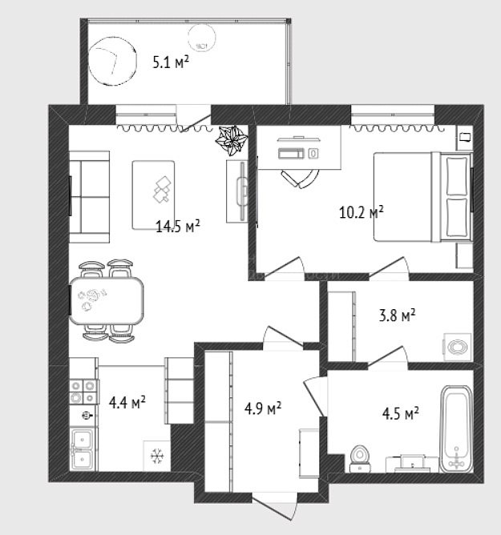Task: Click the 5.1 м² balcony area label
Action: pyautogui.click(x=171, y=62)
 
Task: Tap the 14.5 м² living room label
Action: pyautogui.click(x=178, y=226)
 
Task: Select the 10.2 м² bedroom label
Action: pyautogui.click(x=361, y=212)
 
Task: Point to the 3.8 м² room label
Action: pyautogui.click(x=397, y=315)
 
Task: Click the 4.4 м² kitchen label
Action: pyautogui.click(x=127, y=402)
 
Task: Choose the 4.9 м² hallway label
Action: pyautogui.click(x=263, y=408)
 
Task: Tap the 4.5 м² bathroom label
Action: pyautogui.click(x=401, y=413)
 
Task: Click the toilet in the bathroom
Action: pyautogui.click(x=360, y=459)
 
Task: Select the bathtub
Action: pyautogui.click(x=456, y=429)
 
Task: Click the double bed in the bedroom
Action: pyautogui.click(x=422, y=197)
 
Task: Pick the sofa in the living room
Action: pyautogui.click(x=90, y=197)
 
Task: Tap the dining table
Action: pyautogui.click(x=107, y=300)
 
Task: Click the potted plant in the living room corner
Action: pyautogui.click(x=231, y=140)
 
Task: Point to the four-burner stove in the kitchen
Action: pyautogui.click(x=83, y=392)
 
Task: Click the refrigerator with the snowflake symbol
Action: pyautogui.click(x=157, y=456)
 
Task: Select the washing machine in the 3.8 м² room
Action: pyautogui.click(x=457, y=347)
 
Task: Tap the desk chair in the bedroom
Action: pyautogui.click(x=300, y=178)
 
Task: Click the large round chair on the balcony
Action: pyautogui.click(x=112, y=61)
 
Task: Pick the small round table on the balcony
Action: pyautogui.click(x=201, y=38)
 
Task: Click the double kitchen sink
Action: pyautogui.click(x=82, y=449)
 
